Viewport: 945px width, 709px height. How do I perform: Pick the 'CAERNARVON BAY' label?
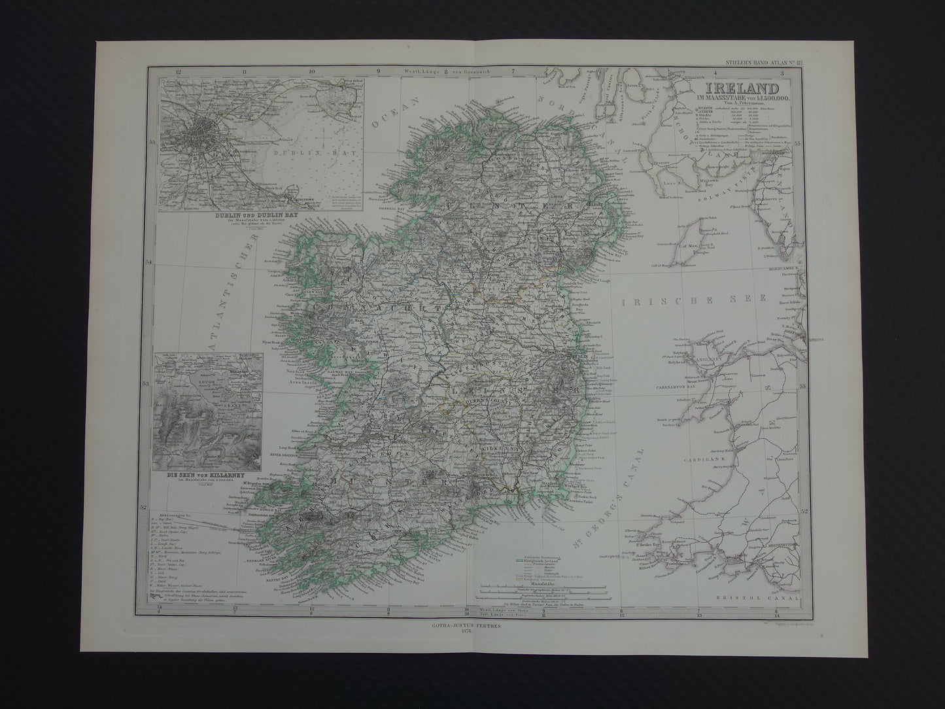coord(675,387)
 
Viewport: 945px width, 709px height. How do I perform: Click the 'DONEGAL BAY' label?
coord(402,211)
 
